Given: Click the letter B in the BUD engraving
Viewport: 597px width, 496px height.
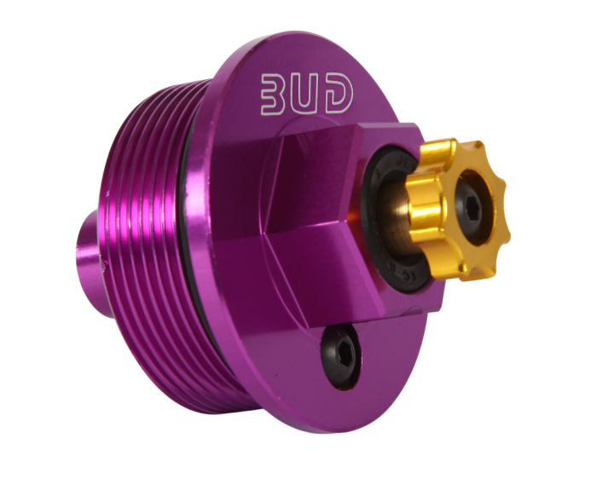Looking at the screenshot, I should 274,96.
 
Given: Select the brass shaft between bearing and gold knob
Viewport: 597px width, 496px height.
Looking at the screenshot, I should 401,213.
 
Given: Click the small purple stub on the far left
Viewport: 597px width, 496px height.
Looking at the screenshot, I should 89,246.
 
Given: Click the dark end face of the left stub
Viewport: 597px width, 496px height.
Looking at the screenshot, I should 81,246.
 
